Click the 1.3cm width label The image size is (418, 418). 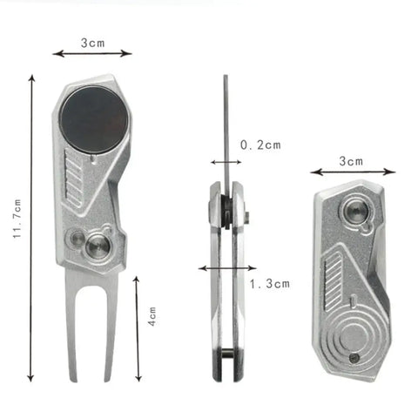(268, 284)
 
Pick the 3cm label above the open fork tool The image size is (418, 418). (92, 41)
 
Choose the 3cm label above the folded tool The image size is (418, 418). (352, 160)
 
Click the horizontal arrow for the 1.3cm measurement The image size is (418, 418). (227, 268)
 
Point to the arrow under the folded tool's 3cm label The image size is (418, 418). (353, 172)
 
